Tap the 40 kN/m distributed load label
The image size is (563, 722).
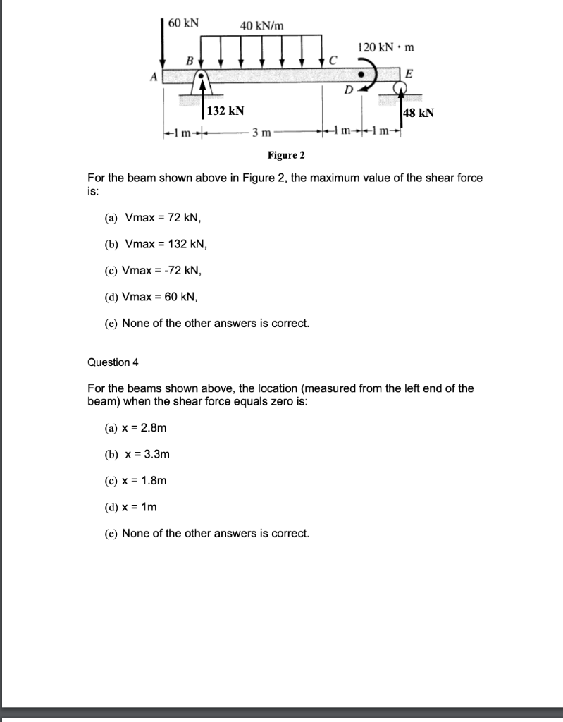tap(262, 26)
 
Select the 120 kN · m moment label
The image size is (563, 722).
tap(386, 47)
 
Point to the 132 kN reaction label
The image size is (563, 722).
tap(226, 111)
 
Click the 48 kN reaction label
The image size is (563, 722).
tap(418, 112)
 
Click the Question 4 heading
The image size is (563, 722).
tap(113, 362)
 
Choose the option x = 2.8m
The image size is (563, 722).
tap(145, 428)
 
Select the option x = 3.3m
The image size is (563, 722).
tap(147, 454)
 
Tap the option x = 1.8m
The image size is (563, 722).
tap(144, 481)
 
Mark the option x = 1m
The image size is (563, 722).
tap(140, 507)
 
